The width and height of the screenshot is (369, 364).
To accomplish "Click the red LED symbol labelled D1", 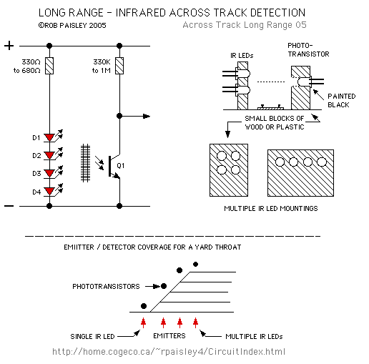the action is tap(49, 138).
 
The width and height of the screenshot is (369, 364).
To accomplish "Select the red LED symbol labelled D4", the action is tap(49, 192).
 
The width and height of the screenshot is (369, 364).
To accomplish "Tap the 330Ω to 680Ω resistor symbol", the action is tap(49, 66).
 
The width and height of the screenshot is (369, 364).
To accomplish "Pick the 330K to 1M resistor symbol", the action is tap(119, 66).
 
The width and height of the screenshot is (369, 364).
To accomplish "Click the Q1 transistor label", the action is tap(121, 166).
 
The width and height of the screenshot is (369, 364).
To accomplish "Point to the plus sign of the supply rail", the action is tap(9, 46).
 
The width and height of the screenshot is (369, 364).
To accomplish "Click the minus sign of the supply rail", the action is tap(9, 206).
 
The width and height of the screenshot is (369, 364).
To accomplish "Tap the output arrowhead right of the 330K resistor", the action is tap(147, 117).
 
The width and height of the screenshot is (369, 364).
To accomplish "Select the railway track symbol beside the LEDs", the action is tap(85, 163).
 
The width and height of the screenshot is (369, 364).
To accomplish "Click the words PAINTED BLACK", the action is tap(342, 100).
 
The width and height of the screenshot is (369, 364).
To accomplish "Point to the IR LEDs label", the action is tap(242, 56).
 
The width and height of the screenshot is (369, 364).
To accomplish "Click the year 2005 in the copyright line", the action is tap(97, 26).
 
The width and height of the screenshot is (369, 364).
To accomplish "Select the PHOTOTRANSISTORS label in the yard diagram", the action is tap(106, 286).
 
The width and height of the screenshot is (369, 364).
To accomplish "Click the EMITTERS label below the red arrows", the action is tap(169, 336).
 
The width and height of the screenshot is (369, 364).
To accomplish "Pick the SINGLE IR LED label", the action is tap(92, 336).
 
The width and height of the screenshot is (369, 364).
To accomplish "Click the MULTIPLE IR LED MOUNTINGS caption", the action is tap(271, 209).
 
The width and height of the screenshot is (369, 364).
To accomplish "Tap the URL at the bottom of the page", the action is tap(169, 352).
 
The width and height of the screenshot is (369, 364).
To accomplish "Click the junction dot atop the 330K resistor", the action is tap(119, 46).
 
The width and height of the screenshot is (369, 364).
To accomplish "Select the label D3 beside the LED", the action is tap(36, 173).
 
